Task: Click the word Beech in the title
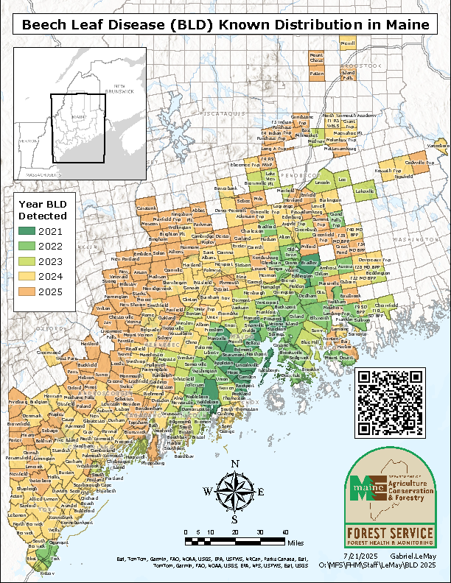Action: pos(46,24)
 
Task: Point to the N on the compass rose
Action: pos(235,464)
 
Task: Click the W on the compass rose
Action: pos(208,492)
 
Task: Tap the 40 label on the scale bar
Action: pos(284,532)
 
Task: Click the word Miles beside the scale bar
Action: pos(296,542)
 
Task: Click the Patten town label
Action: pos(317,74)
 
